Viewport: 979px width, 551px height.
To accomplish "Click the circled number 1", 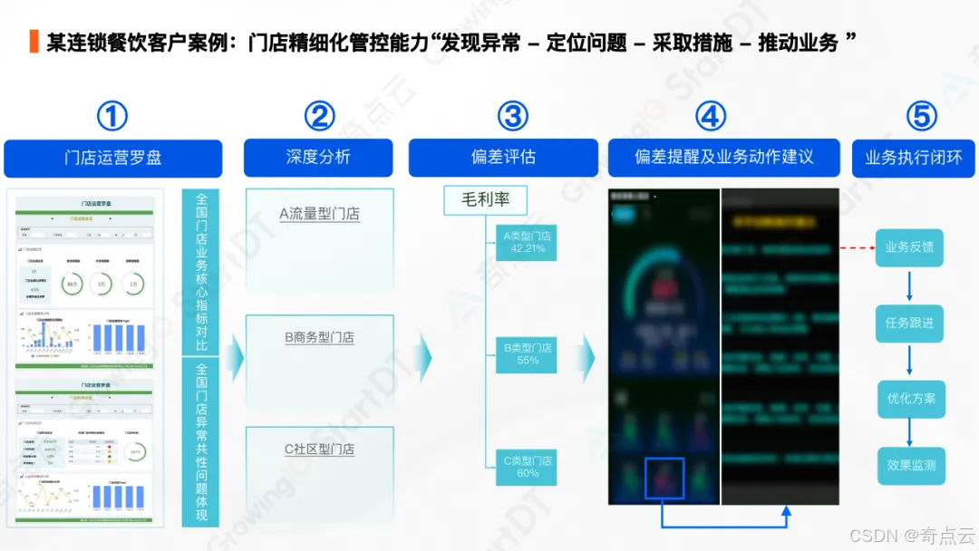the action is pos(112,116).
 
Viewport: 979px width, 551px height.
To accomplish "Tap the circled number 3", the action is pos(513,116).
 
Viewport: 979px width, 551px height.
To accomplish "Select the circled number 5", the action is pos(921,116).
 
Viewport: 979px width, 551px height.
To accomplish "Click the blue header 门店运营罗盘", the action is pos(113,158).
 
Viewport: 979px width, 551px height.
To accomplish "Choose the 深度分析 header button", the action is pos(318,158).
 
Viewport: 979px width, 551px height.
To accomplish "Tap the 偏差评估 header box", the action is pos(503,158).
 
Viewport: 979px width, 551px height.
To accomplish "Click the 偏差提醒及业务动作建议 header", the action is pos(724,158).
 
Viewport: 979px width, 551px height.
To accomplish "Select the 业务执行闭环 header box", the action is pos(914,158).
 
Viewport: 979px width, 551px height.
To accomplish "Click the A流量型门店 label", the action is pos(319,215).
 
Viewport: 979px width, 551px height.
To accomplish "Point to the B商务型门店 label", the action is pos(319,337).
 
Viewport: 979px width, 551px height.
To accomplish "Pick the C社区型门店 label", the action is pos(319,449).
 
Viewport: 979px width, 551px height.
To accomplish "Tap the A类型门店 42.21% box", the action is pos(527,242).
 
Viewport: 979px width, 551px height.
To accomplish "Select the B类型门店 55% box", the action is pos(527,354).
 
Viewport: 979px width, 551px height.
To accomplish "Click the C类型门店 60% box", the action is pos(527,467).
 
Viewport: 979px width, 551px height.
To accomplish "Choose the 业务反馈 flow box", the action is pos(909,247).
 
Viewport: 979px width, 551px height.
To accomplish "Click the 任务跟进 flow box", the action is pos(909,323).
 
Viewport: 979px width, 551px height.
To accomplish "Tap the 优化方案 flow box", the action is pos(911,399).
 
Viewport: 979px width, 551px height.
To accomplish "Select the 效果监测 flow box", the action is pos(911,466).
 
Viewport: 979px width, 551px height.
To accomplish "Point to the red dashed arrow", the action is pos(856,247).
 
